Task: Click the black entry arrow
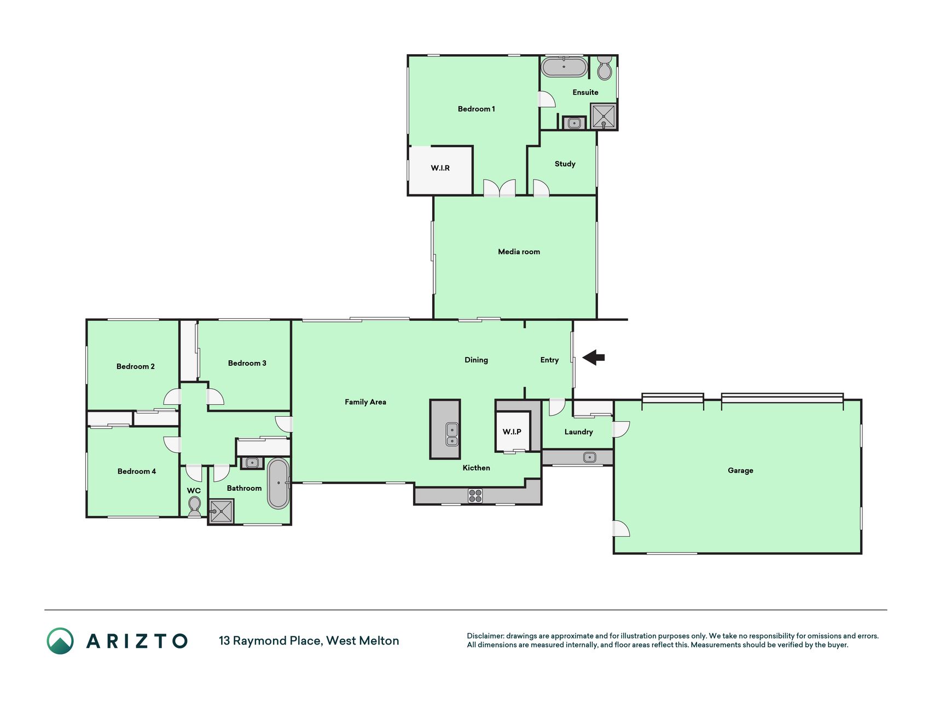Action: [x=594, y=358]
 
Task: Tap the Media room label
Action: [x=519, y=252]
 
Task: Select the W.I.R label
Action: [x=440, y=168]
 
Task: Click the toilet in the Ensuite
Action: [x=605, y=67]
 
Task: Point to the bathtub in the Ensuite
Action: [x=564, y=67]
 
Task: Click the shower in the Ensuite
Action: [x=604, y=116]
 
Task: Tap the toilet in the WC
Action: [x=194, y=507]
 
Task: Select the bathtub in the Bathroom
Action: [x=278, y=484]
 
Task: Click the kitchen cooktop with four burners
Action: [x=475, y=496]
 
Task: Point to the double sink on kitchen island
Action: [x=452, y=434]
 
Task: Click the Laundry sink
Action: [x=590, y=457]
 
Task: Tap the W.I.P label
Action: [x=512, y=432]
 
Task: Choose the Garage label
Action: [x=740, y=470]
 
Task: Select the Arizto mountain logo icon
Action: [x=60, y=641]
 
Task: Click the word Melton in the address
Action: [x=379, y=641]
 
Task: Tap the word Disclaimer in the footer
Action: [x=485, y=636]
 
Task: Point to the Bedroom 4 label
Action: [x=137, y=472]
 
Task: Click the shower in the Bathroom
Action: [x=222, y=511]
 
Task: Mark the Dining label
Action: [x=476, y=360]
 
